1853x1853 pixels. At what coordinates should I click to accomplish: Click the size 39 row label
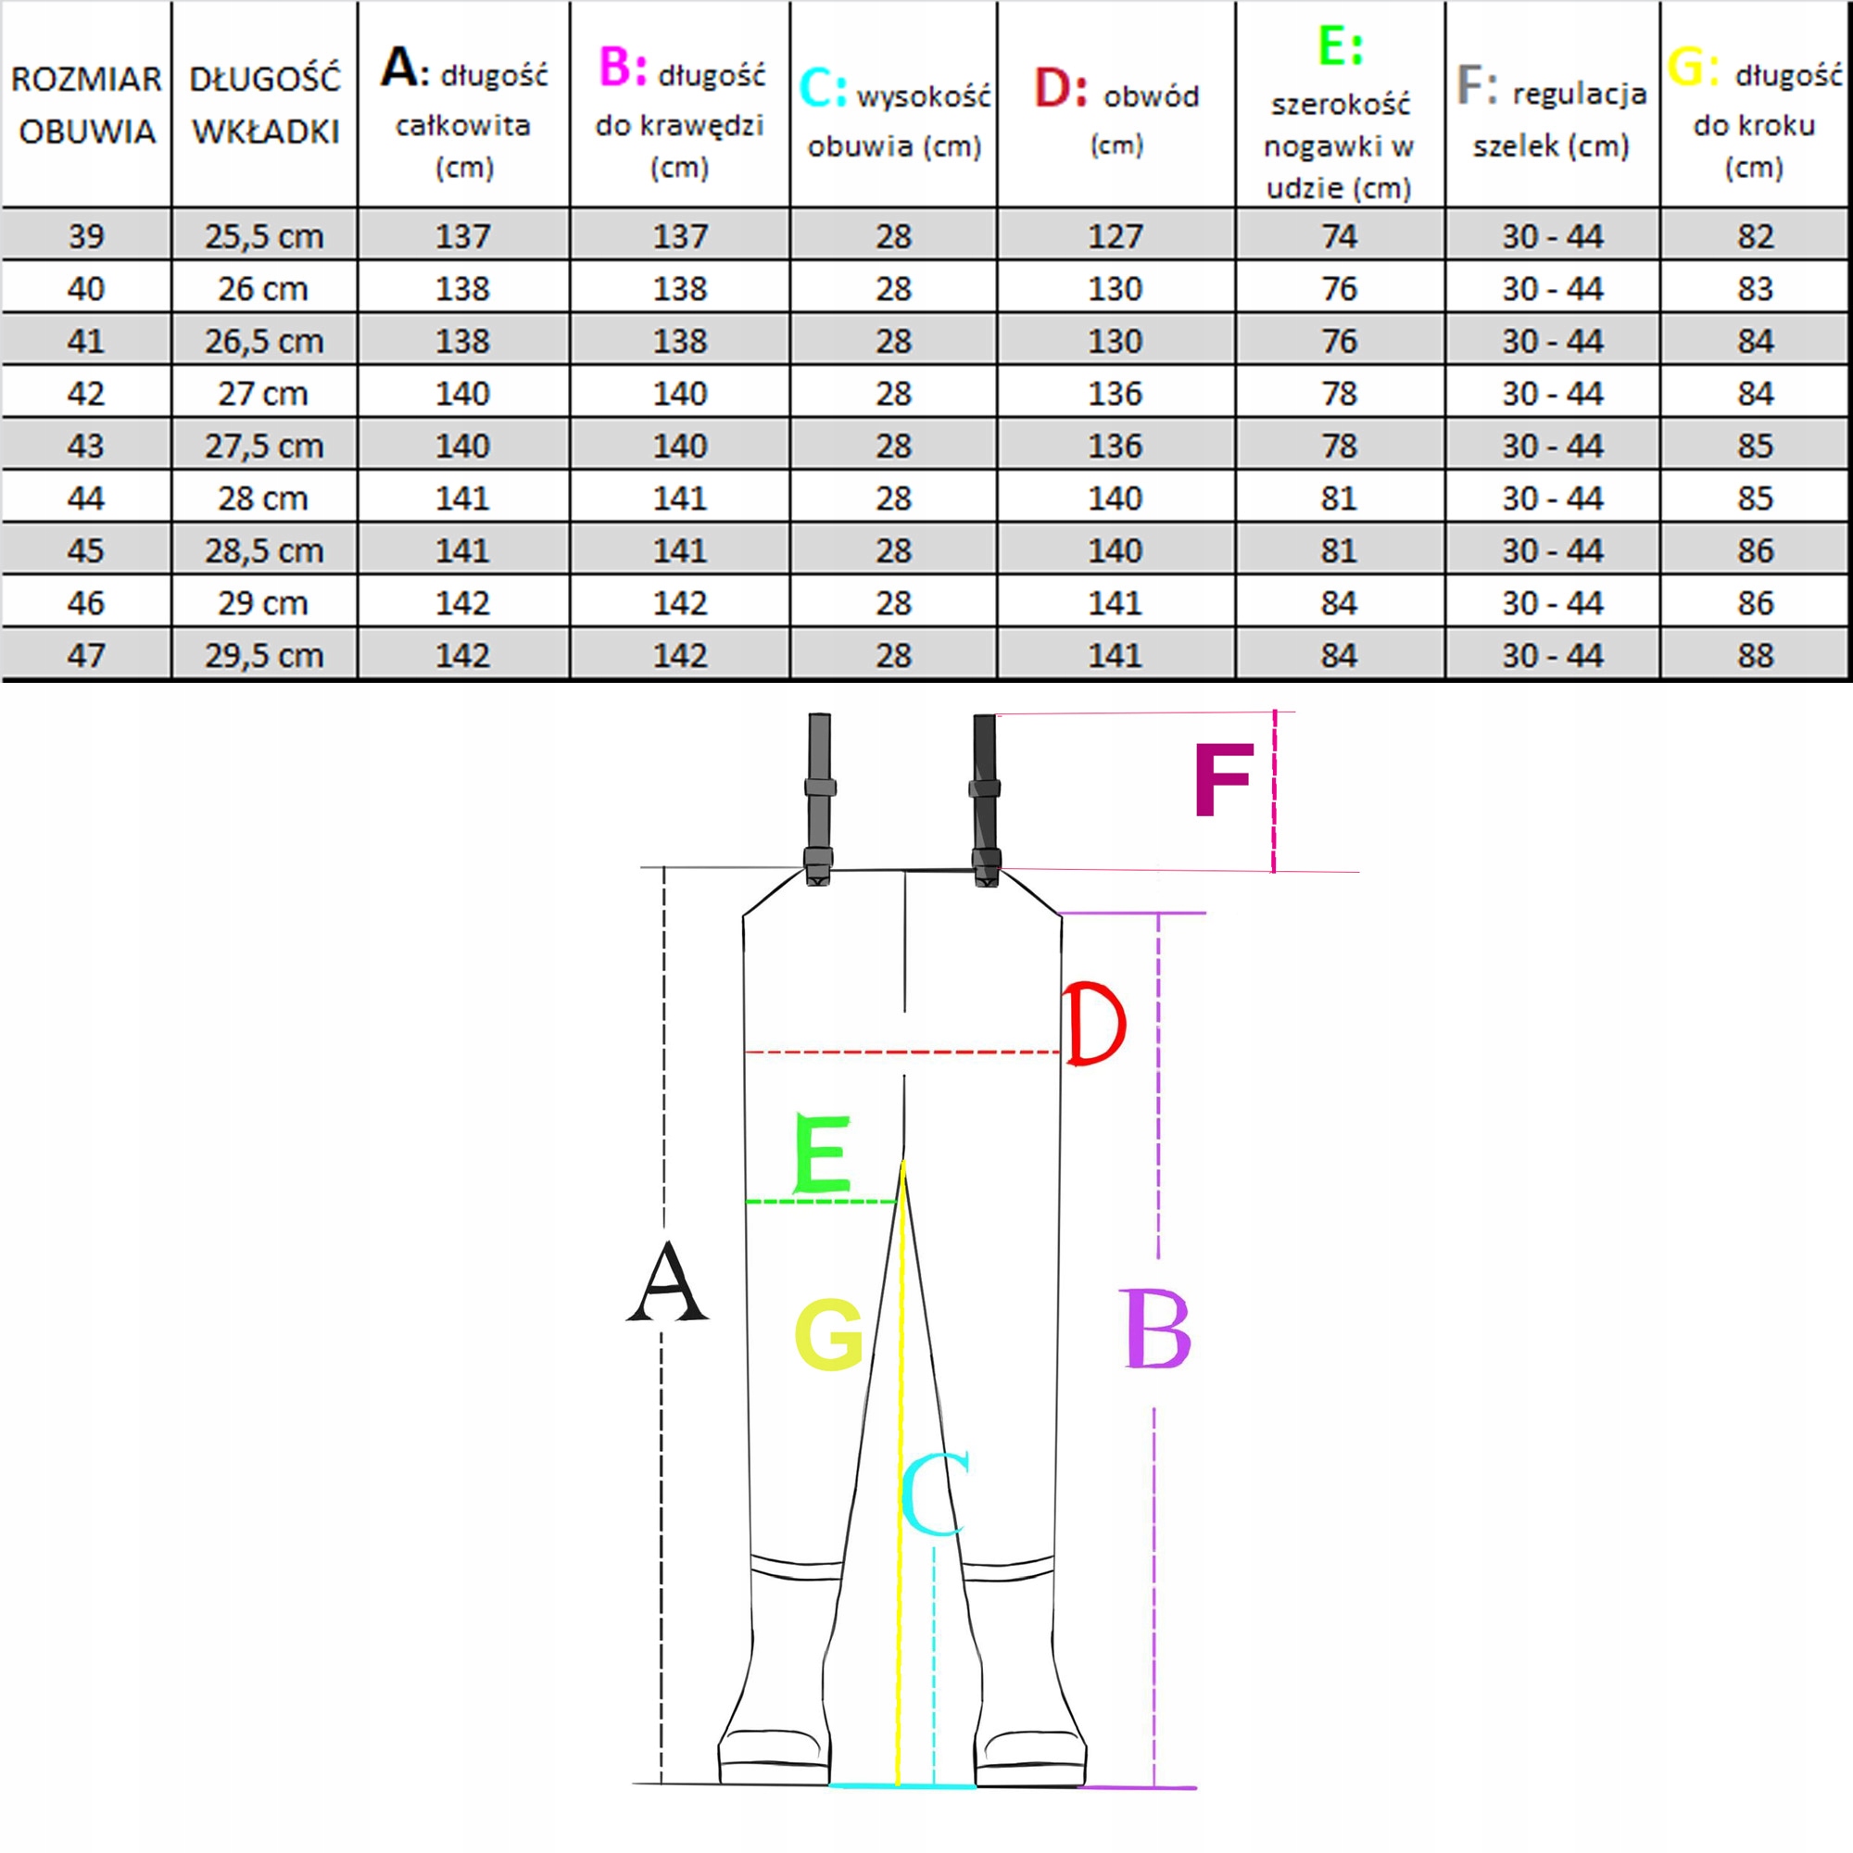[86, 236]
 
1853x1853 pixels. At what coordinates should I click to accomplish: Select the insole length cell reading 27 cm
[263, 393]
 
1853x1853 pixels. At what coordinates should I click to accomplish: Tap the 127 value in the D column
[1115, 236]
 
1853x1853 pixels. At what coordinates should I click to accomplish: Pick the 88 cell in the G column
[1755, 655]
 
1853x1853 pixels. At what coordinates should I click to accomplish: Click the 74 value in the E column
[1339, 236]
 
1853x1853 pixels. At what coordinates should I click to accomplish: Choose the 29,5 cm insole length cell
[264, 655]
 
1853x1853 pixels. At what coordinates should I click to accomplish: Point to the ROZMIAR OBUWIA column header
[86, 106]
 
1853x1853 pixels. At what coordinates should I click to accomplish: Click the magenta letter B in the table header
[622, 68]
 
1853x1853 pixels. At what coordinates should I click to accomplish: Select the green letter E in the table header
[1340, 45]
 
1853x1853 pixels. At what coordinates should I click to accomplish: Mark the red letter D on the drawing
[1095, 1024]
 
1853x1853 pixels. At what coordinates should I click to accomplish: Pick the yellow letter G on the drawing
[828, 1334]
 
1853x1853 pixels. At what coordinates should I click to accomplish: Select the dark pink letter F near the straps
[1224, 781]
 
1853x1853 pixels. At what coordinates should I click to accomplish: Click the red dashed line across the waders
[902, 1053]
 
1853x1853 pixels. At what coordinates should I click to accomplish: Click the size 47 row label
[86, 655]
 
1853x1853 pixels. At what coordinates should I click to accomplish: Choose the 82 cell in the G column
[1755, 236]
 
